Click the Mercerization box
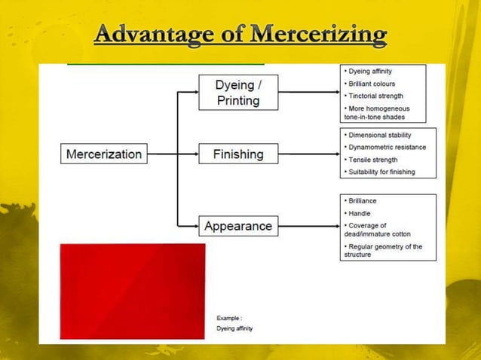(x=104, y=154)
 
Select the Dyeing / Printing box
(x=238, y=92)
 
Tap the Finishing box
(x=238, y=154)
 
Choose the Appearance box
(x=238, y=225)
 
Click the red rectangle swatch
(x=133, y=290)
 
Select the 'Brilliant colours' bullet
(x=372, y=84)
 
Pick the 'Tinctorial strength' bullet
(x=375, y=96)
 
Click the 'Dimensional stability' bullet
(x=379, y=136)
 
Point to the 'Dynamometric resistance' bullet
(x=387, y=148)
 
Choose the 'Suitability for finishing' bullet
(x=381, y=172)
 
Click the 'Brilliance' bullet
(x=363, y=201)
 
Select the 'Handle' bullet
(x=360, y=213)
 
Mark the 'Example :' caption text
(x=229, y=318)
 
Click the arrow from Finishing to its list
(x=308, y=154)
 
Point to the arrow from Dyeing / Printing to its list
(x=308, y=92)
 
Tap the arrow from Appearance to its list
(x=308, y=225)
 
